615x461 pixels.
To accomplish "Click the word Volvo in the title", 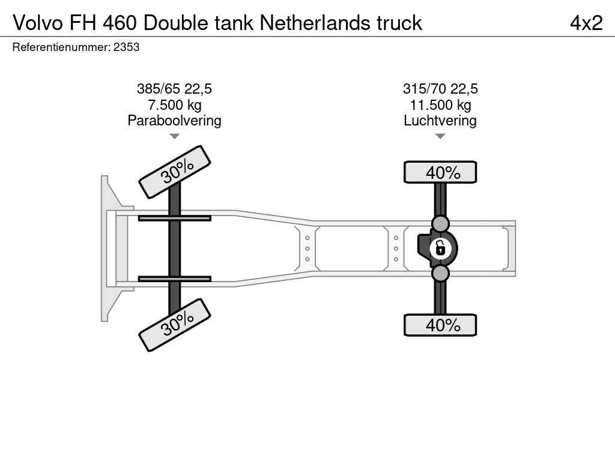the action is pyautogui.click(x=38, y=23).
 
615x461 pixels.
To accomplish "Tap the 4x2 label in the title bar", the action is pyautogui.click(x=586, y=23).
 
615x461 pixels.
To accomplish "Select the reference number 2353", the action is pyautogui.click(x=126, y=47).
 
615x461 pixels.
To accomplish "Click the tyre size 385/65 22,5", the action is pyautogui.click(x=174, y=89).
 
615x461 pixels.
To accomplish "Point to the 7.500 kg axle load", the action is pyautogui.click(x=175, y=104).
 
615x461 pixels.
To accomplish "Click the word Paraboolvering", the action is pyautogui.click(x=175, y=120).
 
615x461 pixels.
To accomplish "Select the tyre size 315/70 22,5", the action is pyautogui.click(x=440, y=89).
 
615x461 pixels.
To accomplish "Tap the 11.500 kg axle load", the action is pyautogui.click(x=440, y=104).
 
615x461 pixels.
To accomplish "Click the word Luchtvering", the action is pyautogui.click(x=440, y=120).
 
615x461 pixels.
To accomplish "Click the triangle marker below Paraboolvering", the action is pyautogui.click(x=175, y=136).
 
